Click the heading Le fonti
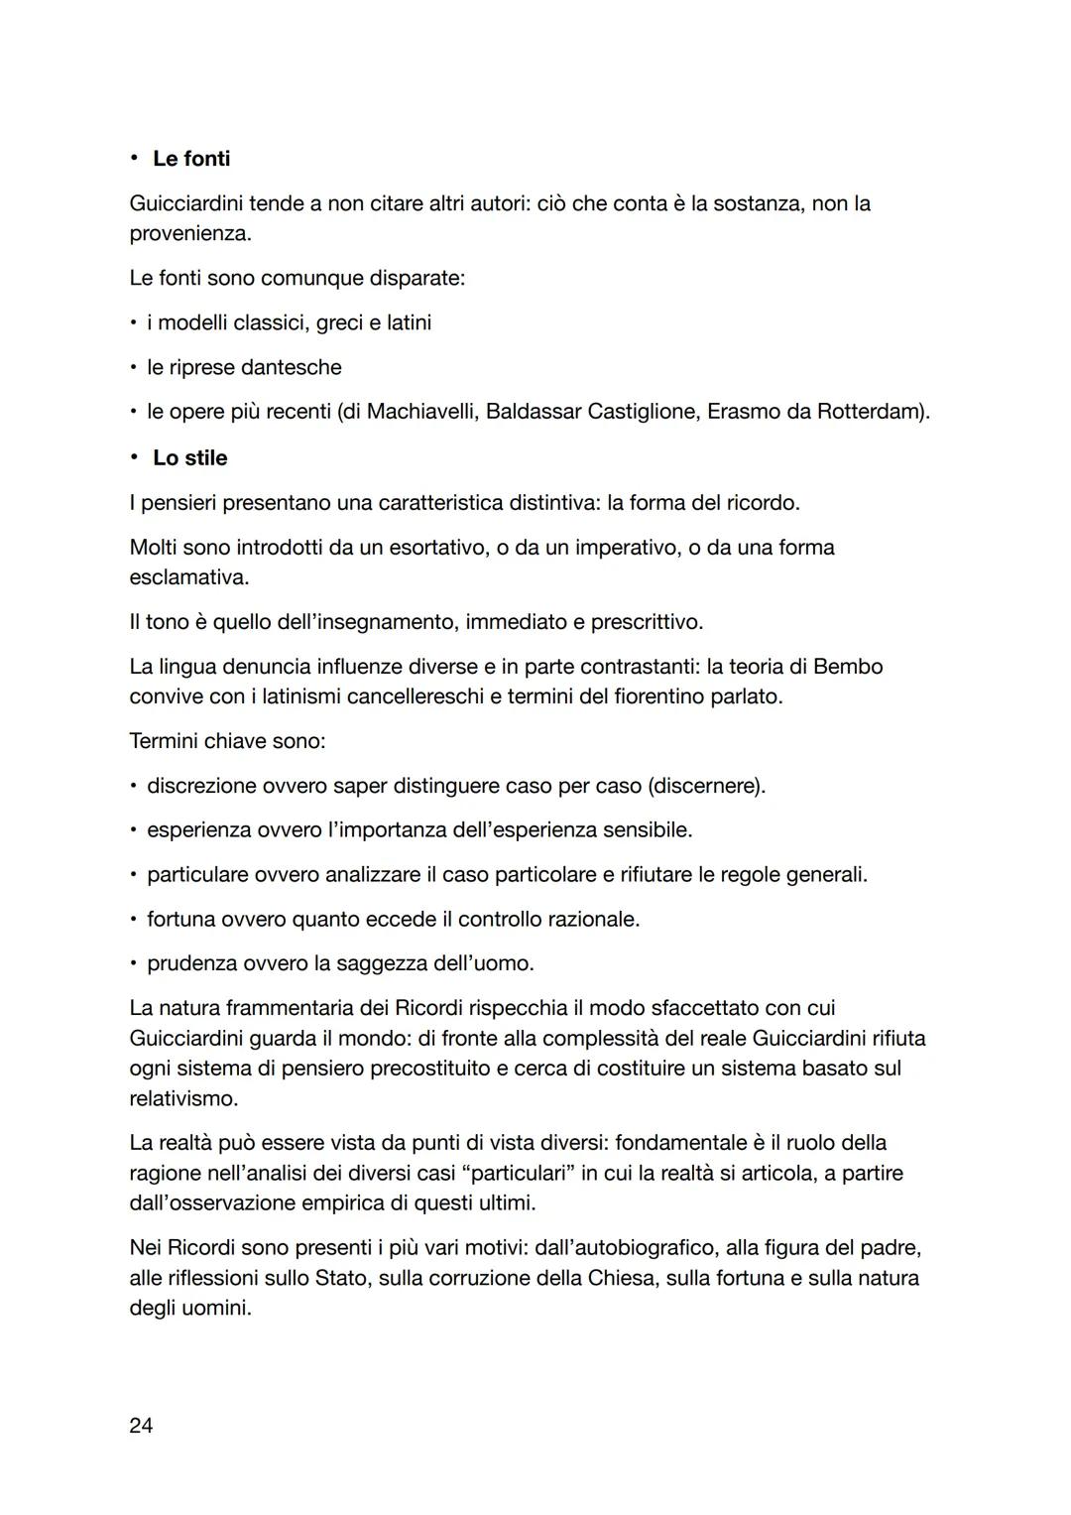tap(190, 159)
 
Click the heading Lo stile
tap(189, 458)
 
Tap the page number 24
tap(141, 1426)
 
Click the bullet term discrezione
tap(201, 786)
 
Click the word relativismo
tap(183, 1099)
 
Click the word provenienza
tap(188, 234)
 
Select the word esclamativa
tap(188, 577)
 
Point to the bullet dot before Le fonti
tap(134, 159)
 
